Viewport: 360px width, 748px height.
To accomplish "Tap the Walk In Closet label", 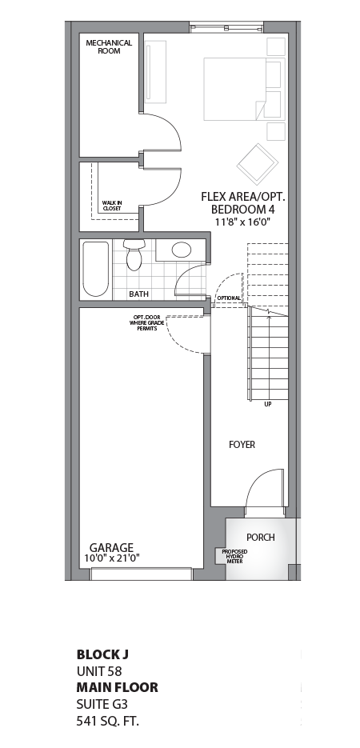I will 112,206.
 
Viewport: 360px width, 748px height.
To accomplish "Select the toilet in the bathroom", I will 133,254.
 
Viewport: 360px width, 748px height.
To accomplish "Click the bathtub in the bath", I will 94,268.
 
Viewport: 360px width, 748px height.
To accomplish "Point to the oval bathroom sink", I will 182,250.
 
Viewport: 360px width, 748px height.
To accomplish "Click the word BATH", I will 139,294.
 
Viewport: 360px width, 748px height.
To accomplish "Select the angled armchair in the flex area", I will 256,163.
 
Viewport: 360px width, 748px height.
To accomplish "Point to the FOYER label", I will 242,445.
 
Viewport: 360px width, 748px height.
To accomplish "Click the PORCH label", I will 260,537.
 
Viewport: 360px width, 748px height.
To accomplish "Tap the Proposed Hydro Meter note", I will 234,556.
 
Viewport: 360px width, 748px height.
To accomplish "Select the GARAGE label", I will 111,548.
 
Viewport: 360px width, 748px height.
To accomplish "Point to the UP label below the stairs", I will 267,404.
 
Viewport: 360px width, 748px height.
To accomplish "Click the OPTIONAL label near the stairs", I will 229,298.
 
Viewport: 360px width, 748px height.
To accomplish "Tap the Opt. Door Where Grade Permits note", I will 146,323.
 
